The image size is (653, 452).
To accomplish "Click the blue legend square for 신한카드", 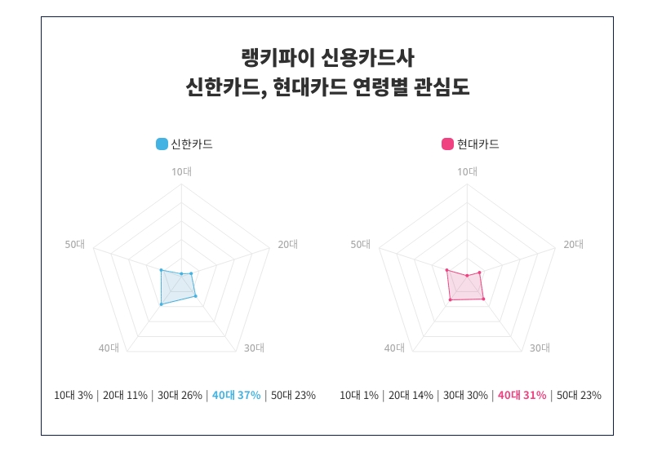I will click(162, 144).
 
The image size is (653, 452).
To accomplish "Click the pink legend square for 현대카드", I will click(447, 144).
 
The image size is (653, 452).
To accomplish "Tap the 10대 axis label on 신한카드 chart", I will click(181, 171).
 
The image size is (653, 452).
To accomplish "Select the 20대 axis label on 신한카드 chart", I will click(288, 244).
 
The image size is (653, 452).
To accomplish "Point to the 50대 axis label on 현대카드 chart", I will click(360, 244).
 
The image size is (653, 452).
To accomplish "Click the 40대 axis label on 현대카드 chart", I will click(394, 348).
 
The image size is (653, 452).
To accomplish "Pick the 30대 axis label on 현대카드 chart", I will click(540, 348).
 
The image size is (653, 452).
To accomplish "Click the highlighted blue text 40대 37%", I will click(236, 396).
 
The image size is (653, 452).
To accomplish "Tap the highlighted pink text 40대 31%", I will click(522, 396).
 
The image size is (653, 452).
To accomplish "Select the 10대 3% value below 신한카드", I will click(73, 396).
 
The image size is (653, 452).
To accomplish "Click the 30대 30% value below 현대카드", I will click(464, 396).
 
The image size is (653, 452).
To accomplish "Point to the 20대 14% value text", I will click(410, 396).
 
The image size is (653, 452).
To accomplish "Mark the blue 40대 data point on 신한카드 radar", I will click(162, 304).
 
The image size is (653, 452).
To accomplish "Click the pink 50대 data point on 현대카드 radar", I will click(446, 269).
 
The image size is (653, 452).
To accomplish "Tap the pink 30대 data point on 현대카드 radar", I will click(484, 299).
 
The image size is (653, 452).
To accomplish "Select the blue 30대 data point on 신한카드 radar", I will click(196, 296).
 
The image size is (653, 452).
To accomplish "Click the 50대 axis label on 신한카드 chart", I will click(74, 244).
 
